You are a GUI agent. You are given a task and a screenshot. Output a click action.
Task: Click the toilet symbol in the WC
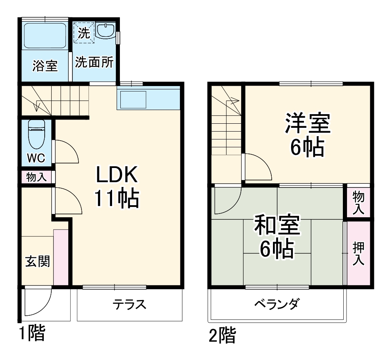[x=36, y=135]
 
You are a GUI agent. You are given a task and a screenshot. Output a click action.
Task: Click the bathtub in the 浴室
[x=44, y=36]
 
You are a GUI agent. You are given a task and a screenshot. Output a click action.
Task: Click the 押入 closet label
[x=358, y=253]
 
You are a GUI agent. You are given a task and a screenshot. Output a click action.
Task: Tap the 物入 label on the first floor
[x=36, y=177]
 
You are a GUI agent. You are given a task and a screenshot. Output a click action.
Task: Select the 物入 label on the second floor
[x=358, y=202]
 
